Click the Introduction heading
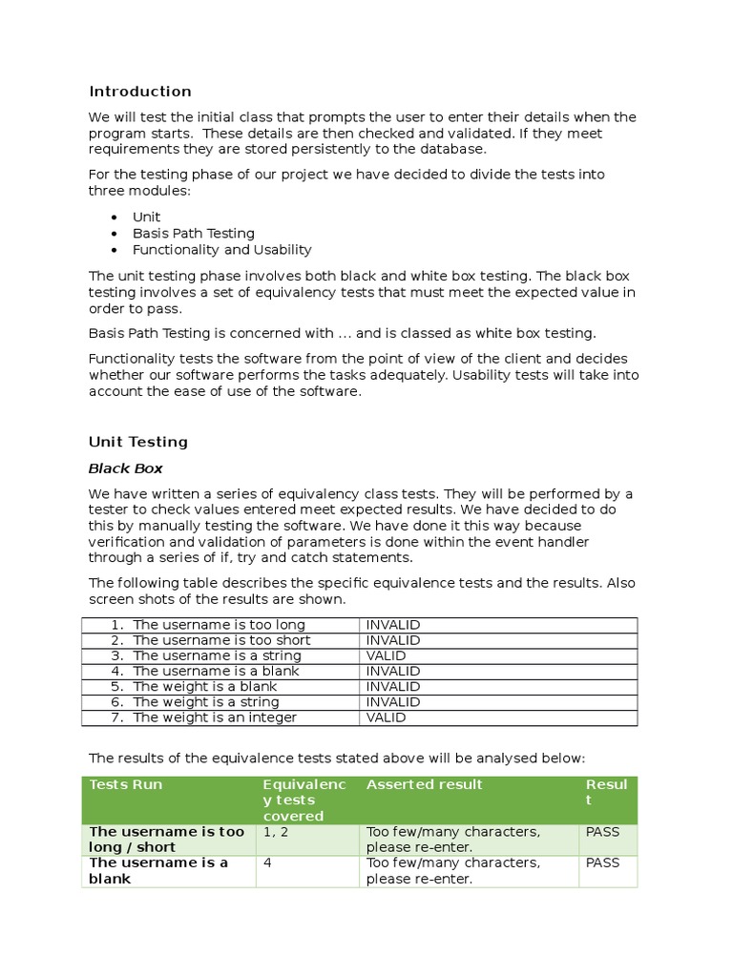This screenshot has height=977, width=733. tap(139, 92)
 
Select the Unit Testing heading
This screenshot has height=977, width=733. tap(137, 442)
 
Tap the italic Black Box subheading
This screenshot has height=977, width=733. tap(125, 468)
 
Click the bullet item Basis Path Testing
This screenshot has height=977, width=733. tap(194, 233)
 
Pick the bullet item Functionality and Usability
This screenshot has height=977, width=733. tap(221, 250)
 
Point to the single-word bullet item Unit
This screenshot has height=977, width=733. tap(146, 217)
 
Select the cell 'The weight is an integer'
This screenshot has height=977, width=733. tap(215, 717)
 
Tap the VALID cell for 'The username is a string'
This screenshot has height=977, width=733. tap(386, 655)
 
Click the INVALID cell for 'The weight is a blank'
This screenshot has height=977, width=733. tap(393, 687)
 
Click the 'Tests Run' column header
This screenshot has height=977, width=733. tap(125, 784)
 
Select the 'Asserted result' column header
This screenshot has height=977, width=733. tap(424, 784)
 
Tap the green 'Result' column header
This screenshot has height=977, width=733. tap(606, 792)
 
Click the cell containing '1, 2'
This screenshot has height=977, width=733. tap(276, 832)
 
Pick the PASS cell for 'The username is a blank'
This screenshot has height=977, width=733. tap(602, 863)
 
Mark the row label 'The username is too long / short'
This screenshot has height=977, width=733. tap(166, 840)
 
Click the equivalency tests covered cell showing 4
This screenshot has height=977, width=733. tap(267, 863)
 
